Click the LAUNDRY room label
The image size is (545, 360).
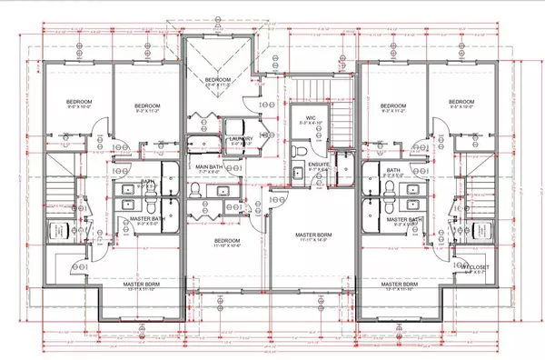241,138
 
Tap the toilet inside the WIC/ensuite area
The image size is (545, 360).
298,148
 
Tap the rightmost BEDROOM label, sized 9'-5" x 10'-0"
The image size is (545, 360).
461,102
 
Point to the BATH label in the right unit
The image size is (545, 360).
392,170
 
